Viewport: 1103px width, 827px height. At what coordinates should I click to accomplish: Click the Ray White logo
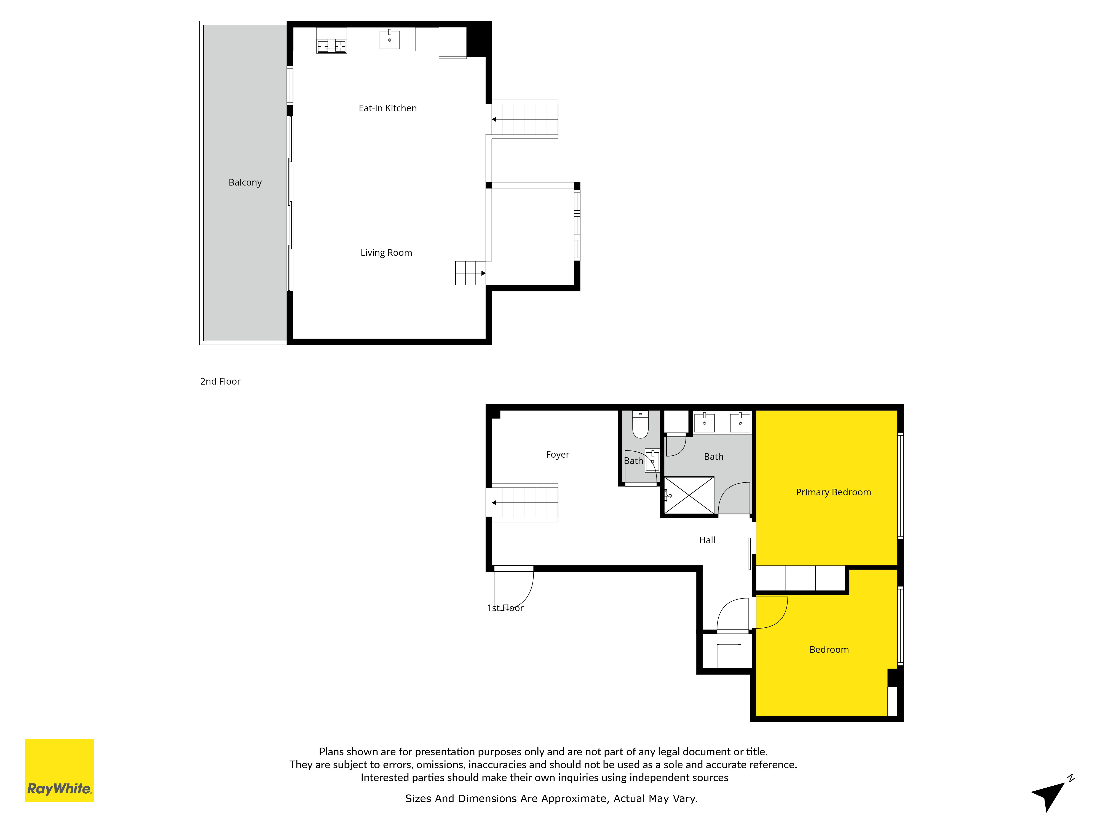[x=59, y=770]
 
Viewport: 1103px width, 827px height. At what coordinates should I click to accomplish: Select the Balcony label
[x=245, y=182]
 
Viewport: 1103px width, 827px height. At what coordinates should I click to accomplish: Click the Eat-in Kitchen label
[x=387, y=108]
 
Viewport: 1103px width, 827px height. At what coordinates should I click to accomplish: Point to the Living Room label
[x=386, y=253]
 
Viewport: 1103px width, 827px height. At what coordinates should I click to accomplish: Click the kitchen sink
[x=389, y=39]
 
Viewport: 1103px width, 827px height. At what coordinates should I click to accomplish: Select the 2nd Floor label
[x=220, y=381]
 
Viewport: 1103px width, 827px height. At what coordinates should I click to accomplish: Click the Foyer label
[x=558, y=455]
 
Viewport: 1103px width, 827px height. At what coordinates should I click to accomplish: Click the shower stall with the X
[x=689, y=495]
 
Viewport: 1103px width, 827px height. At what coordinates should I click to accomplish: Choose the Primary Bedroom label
[x=833, y=493]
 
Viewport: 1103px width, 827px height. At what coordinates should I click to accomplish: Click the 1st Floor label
[x=505, y=608]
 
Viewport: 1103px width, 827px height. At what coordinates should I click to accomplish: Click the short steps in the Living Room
[x=470, y=273]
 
